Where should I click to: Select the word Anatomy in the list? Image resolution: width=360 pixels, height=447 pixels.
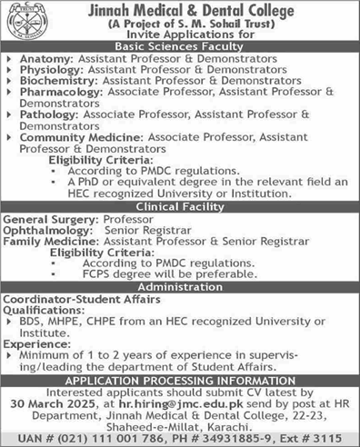click(42, 57)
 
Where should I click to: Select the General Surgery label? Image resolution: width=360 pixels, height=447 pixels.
click(42, 219)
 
